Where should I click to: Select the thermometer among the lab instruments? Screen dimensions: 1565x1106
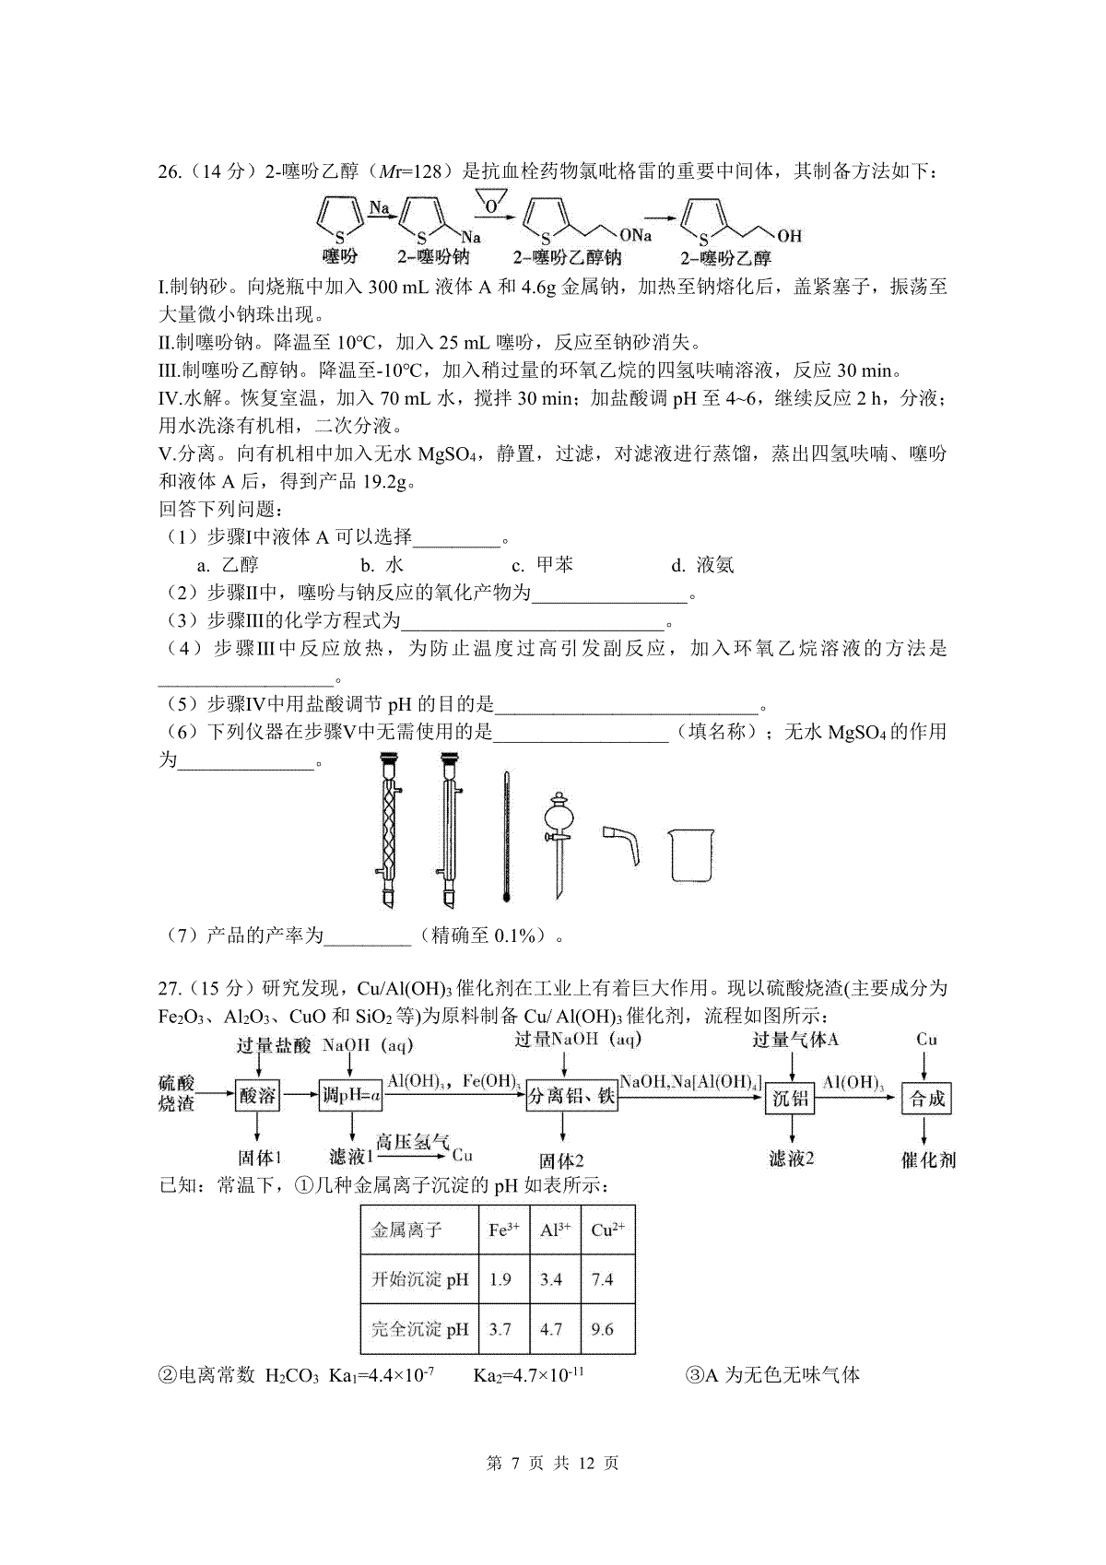coord(506,835)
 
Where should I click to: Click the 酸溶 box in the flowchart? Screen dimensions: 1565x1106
coord(257,1097)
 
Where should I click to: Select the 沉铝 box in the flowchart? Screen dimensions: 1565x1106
coord(790,1098)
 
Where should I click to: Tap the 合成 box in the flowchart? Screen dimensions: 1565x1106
coord(927,1098)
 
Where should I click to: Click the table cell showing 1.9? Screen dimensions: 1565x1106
coord(500,1279)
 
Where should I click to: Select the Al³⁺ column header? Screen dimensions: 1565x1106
coord(555,1230)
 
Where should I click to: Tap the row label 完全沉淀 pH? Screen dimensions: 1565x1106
coord(419,1329)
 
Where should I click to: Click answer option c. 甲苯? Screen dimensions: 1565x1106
coord(543,565)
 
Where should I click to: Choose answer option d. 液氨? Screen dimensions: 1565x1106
coord(703,565)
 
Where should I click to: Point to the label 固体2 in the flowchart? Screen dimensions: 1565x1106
coord(562,1160)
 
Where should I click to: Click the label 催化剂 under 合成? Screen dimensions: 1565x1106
coord(928,1159)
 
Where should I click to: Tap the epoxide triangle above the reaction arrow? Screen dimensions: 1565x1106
coord(495,201)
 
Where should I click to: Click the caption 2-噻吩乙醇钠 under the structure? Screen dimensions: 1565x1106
coord(567,259)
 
